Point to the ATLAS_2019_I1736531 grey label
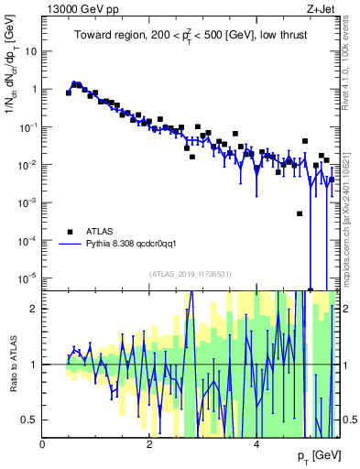click(191, 274)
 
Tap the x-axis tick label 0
click(43, 444)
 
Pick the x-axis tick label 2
click(149, 444)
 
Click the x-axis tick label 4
click(256, 444)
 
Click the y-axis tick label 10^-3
click(27, 202)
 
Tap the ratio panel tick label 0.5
click(30, 420)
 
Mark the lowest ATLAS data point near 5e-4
click(300, 213)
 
